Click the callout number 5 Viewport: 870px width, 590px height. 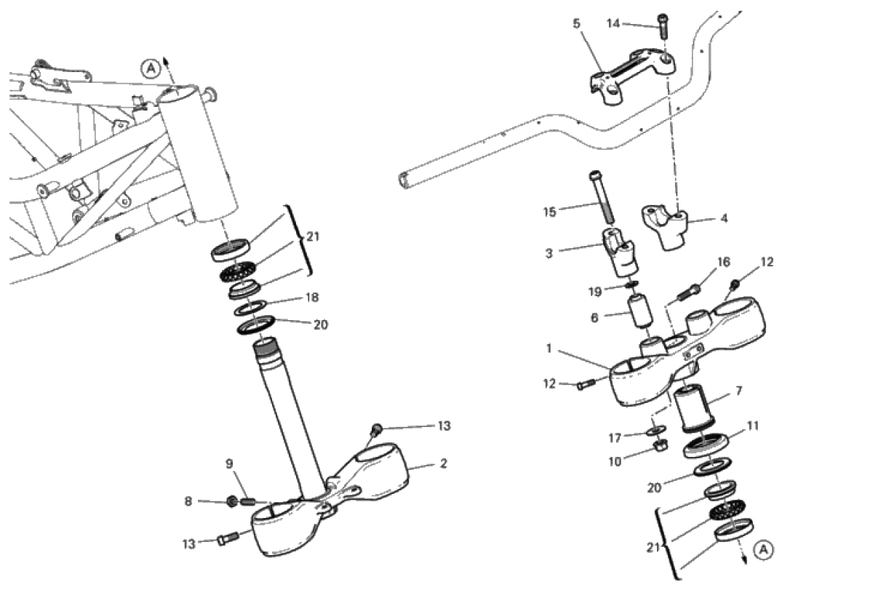pyautogui.click(x=577, y=23)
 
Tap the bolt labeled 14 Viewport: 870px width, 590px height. pyautogui.click(x=663, y=25)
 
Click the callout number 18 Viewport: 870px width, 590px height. pyautogui.click(x=312, y=298)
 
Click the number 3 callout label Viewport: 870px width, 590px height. pyautogui.click(x=549, y=254)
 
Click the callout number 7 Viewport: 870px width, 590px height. pyautogui.click(x=738, y=391)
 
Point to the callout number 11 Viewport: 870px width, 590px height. pyautogui.click(x=753, y=426)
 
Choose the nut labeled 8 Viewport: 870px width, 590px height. pyautogui.click(x=233, y=502)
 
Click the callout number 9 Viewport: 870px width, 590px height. pyautogui.click(x=229, y=464)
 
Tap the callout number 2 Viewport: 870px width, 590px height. pyautogui.click(x=443, y=463)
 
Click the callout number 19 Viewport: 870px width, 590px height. pyautogui.click(x=595, y=292)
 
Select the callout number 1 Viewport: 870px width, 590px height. pyautogui.click(x=548, y=348)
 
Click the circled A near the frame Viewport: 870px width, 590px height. pyautogui.click(x=151, y=69)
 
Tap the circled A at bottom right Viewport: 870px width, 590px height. pyautogui.click(x=764, y=549)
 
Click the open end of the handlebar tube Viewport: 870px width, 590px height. pyautogui.click(x=404, y=180)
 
